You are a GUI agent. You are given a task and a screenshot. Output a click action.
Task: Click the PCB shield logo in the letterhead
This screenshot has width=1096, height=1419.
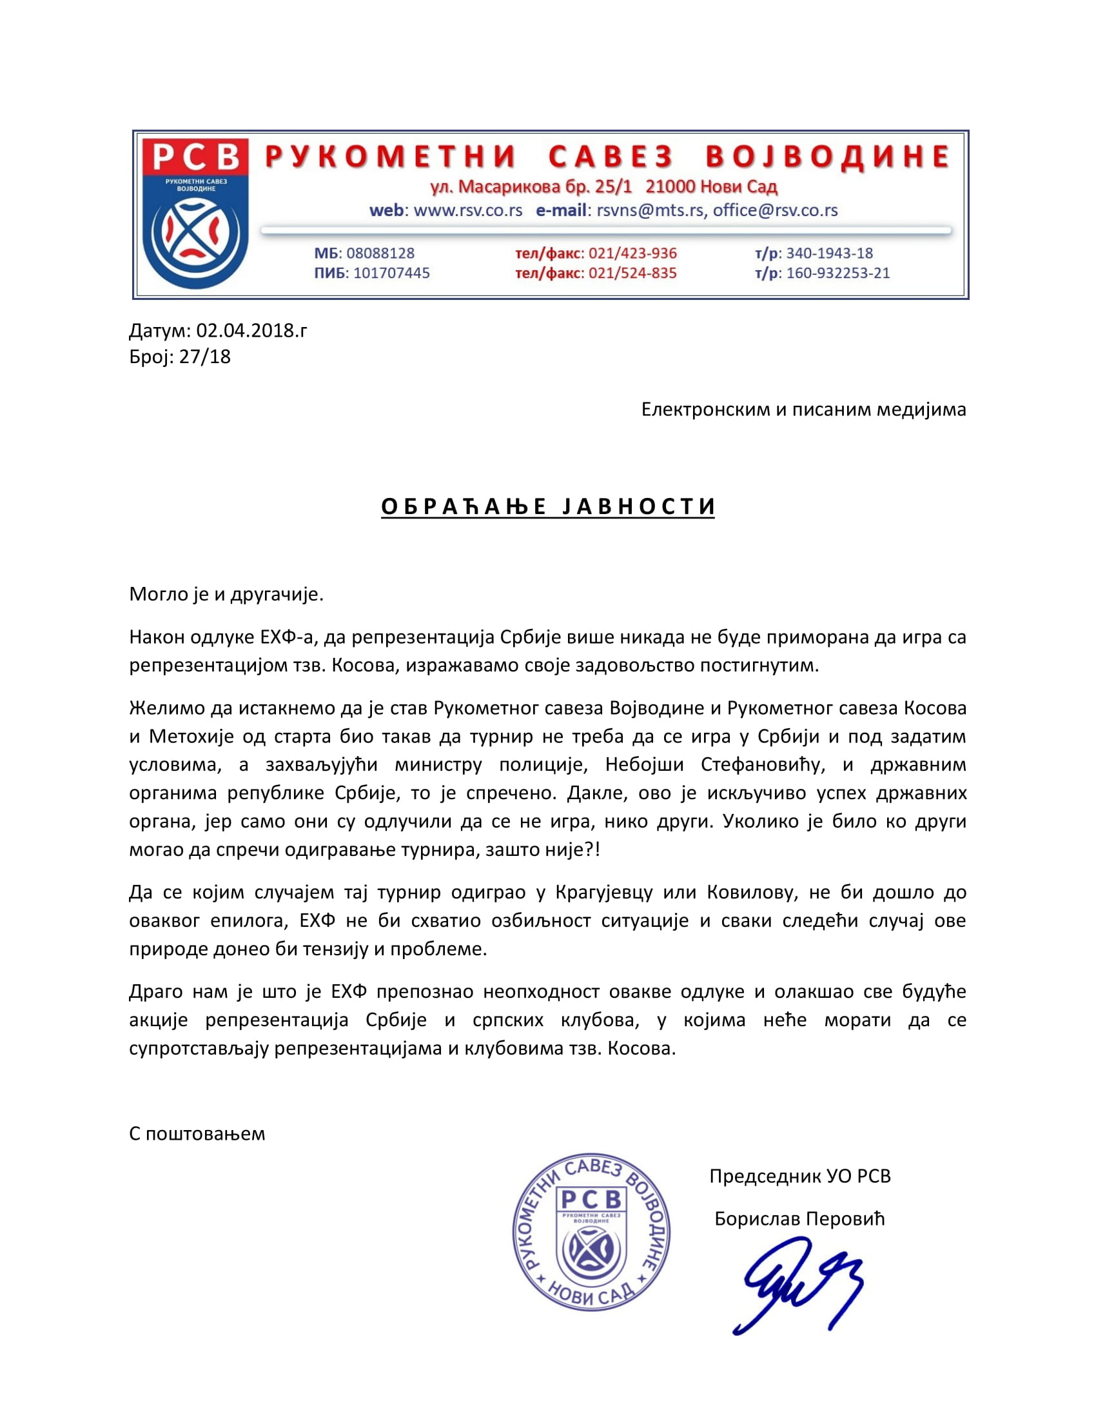(195, 213)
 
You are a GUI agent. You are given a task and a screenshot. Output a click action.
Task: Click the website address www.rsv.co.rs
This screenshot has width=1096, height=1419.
(467, 210)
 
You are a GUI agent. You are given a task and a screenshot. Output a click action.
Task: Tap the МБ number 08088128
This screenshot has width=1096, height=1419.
(380, 253)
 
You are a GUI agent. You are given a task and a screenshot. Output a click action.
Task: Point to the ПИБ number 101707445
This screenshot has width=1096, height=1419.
(391, 273)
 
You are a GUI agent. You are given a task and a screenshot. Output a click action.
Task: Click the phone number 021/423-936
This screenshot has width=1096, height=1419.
(632, 253)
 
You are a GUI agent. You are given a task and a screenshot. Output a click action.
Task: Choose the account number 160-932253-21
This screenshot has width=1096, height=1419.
(837, 273)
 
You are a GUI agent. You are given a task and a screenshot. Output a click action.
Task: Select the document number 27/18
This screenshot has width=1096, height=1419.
(204, 357)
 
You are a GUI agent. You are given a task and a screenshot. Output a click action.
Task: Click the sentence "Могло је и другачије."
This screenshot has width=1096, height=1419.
(226, 594)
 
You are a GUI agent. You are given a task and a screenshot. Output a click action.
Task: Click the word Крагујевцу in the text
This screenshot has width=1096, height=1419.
(604, 892)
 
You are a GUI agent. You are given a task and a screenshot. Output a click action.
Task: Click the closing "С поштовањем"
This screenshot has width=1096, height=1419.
(197, 1134)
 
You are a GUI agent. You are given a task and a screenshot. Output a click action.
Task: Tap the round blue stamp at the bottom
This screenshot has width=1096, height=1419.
(591, 1233)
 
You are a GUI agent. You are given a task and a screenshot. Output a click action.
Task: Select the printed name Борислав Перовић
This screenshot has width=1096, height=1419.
(799, 1219)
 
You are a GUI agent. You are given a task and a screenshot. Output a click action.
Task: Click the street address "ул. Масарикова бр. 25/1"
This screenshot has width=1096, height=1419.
(531, 187)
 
